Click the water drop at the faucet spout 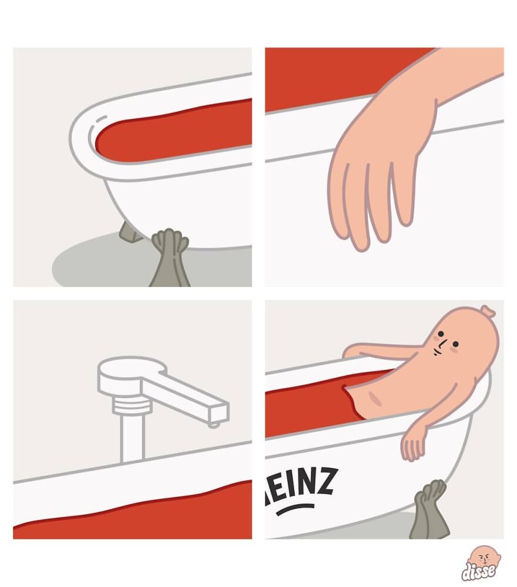click(x=214, y=425)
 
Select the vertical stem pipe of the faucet click(x=132, y=438)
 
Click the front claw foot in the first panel click(x=169, y=258)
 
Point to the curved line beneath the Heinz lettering click(x=296, y=509)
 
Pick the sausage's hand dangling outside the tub click(x=414, y=445)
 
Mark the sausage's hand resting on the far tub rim click(x=353, y=350)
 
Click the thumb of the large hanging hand click(x=404, y=195)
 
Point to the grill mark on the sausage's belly click(x=375, y=398)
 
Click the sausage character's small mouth click(x=437, y=352)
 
